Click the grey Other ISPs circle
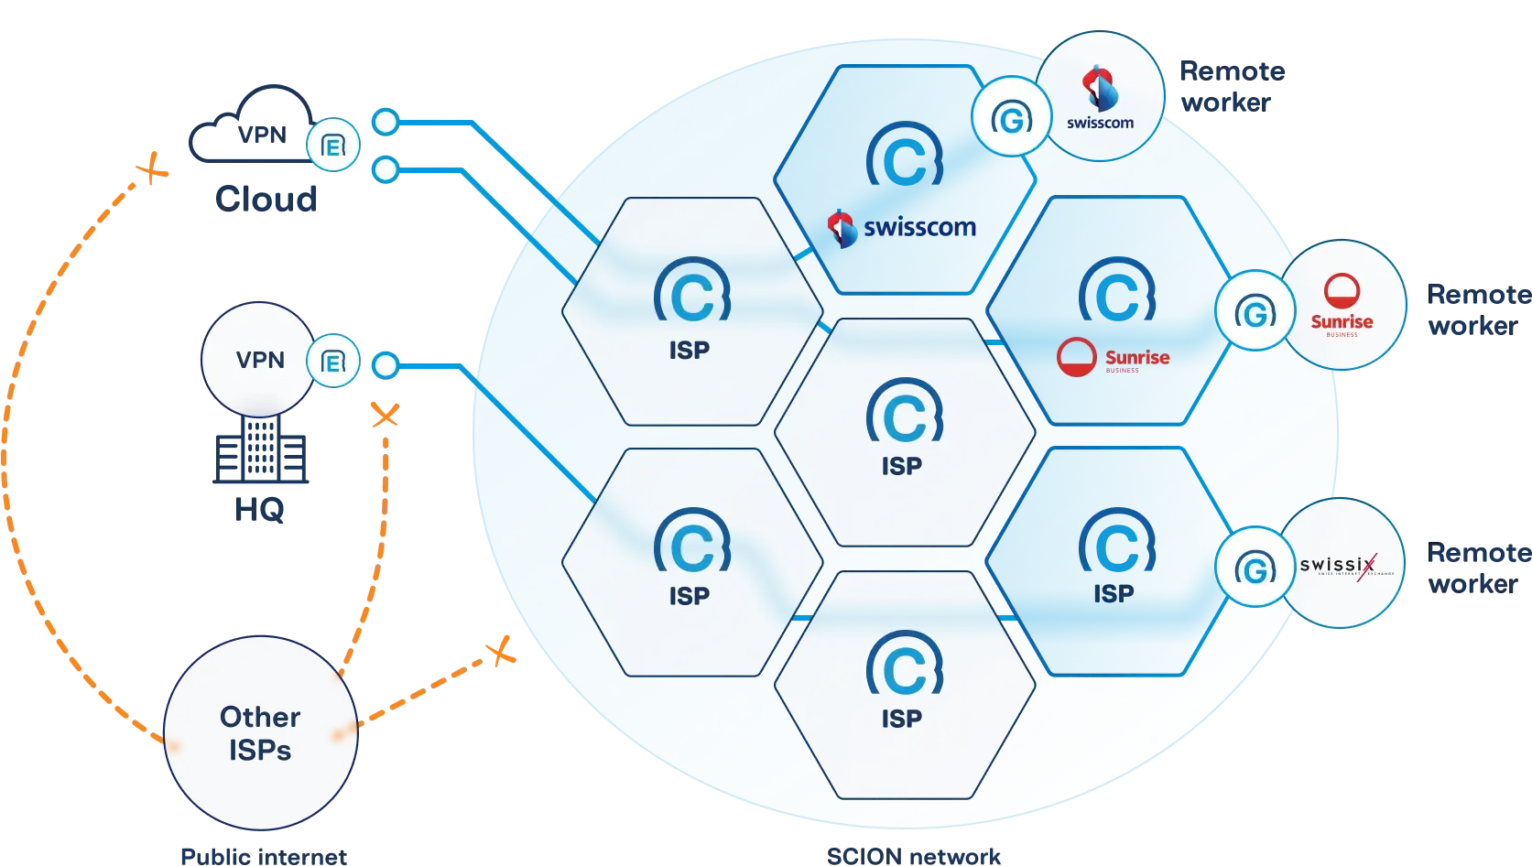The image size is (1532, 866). (x=260, y=733)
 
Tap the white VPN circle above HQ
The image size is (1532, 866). (x=259, y=360)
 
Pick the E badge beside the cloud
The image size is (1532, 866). (x=332, y=145)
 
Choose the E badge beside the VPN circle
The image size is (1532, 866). (x=332, y=363)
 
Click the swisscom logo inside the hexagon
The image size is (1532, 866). (x=902, y=227)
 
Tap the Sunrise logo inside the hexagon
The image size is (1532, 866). (x=1114, y=357)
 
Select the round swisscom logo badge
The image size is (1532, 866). (x=1100, y=96)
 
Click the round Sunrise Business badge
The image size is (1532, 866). (x=1342, y=306)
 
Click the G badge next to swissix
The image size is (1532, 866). (x=1255, y=568)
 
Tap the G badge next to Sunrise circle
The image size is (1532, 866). (x=1255, y=312)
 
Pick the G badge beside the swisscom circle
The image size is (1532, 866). (x=1011, y=116)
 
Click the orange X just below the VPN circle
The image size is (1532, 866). (x=385, y=417)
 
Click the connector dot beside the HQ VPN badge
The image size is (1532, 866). (x=386, y=365)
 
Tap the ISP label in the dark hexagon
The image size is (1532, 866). (x=1114, y=594)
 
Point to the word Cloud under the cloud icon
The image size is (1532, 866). (x=266, y=198)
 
